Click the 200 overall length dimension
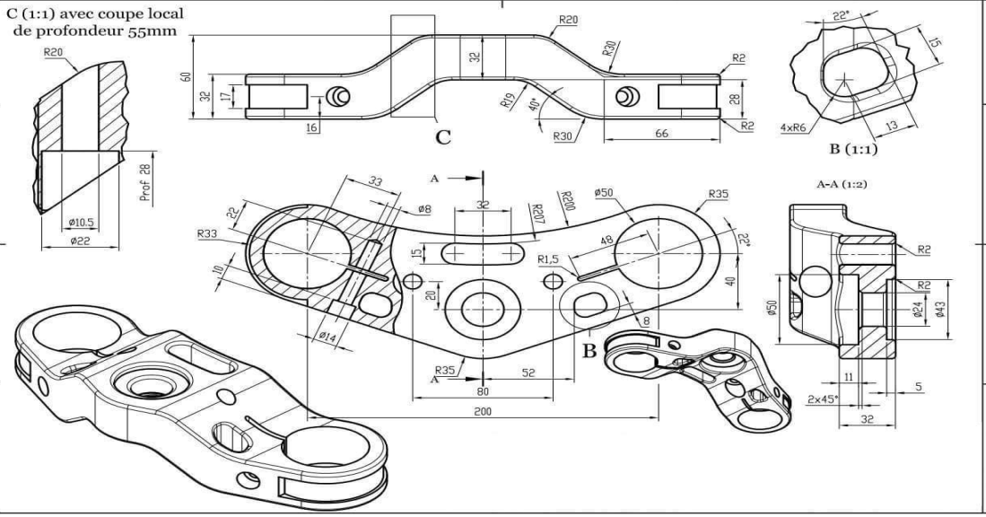click(x=483, y=409)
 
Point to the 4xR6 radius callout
click(x=794, y=128)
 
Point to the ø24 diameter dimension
click(x=917, y=312)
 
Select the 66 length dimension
click(x=661, y=133)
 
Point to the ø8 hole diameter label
click(x=424, y=209)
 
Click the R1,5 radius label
click(x=549, y=259)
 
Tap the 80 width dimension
click(x=483, y=391)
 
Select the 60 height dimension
click(x=186, y=76)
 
